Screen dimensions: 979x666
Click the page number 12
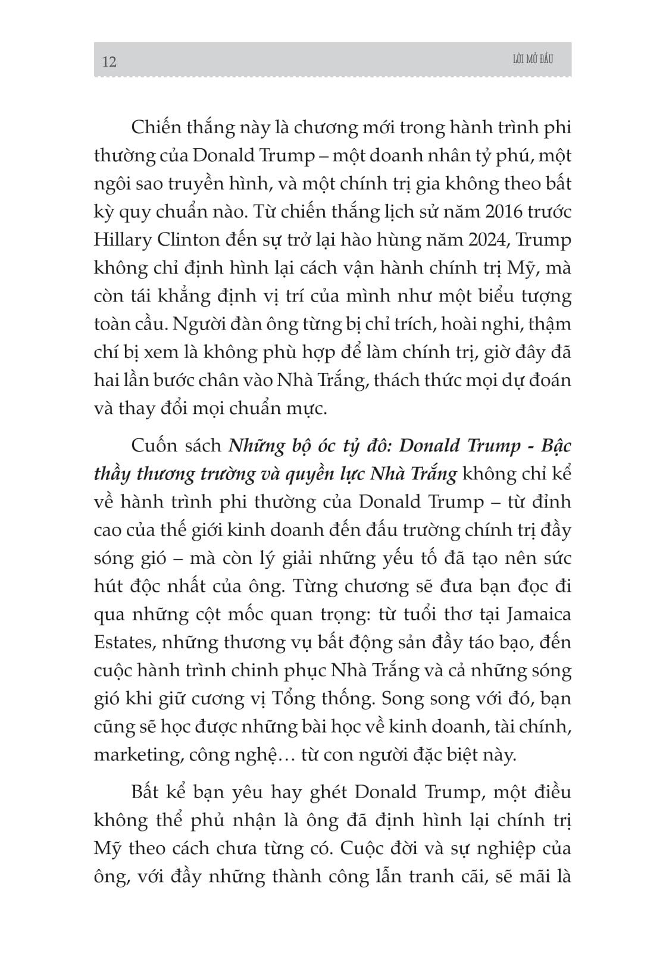pyautogui.click(x=110, y=62)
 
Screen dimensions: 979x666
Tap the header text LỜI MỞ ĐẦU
pyautogui.click(x=527, y=59)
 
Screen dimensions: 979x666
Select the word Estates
pyautogui.click(x=121, y=642)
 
